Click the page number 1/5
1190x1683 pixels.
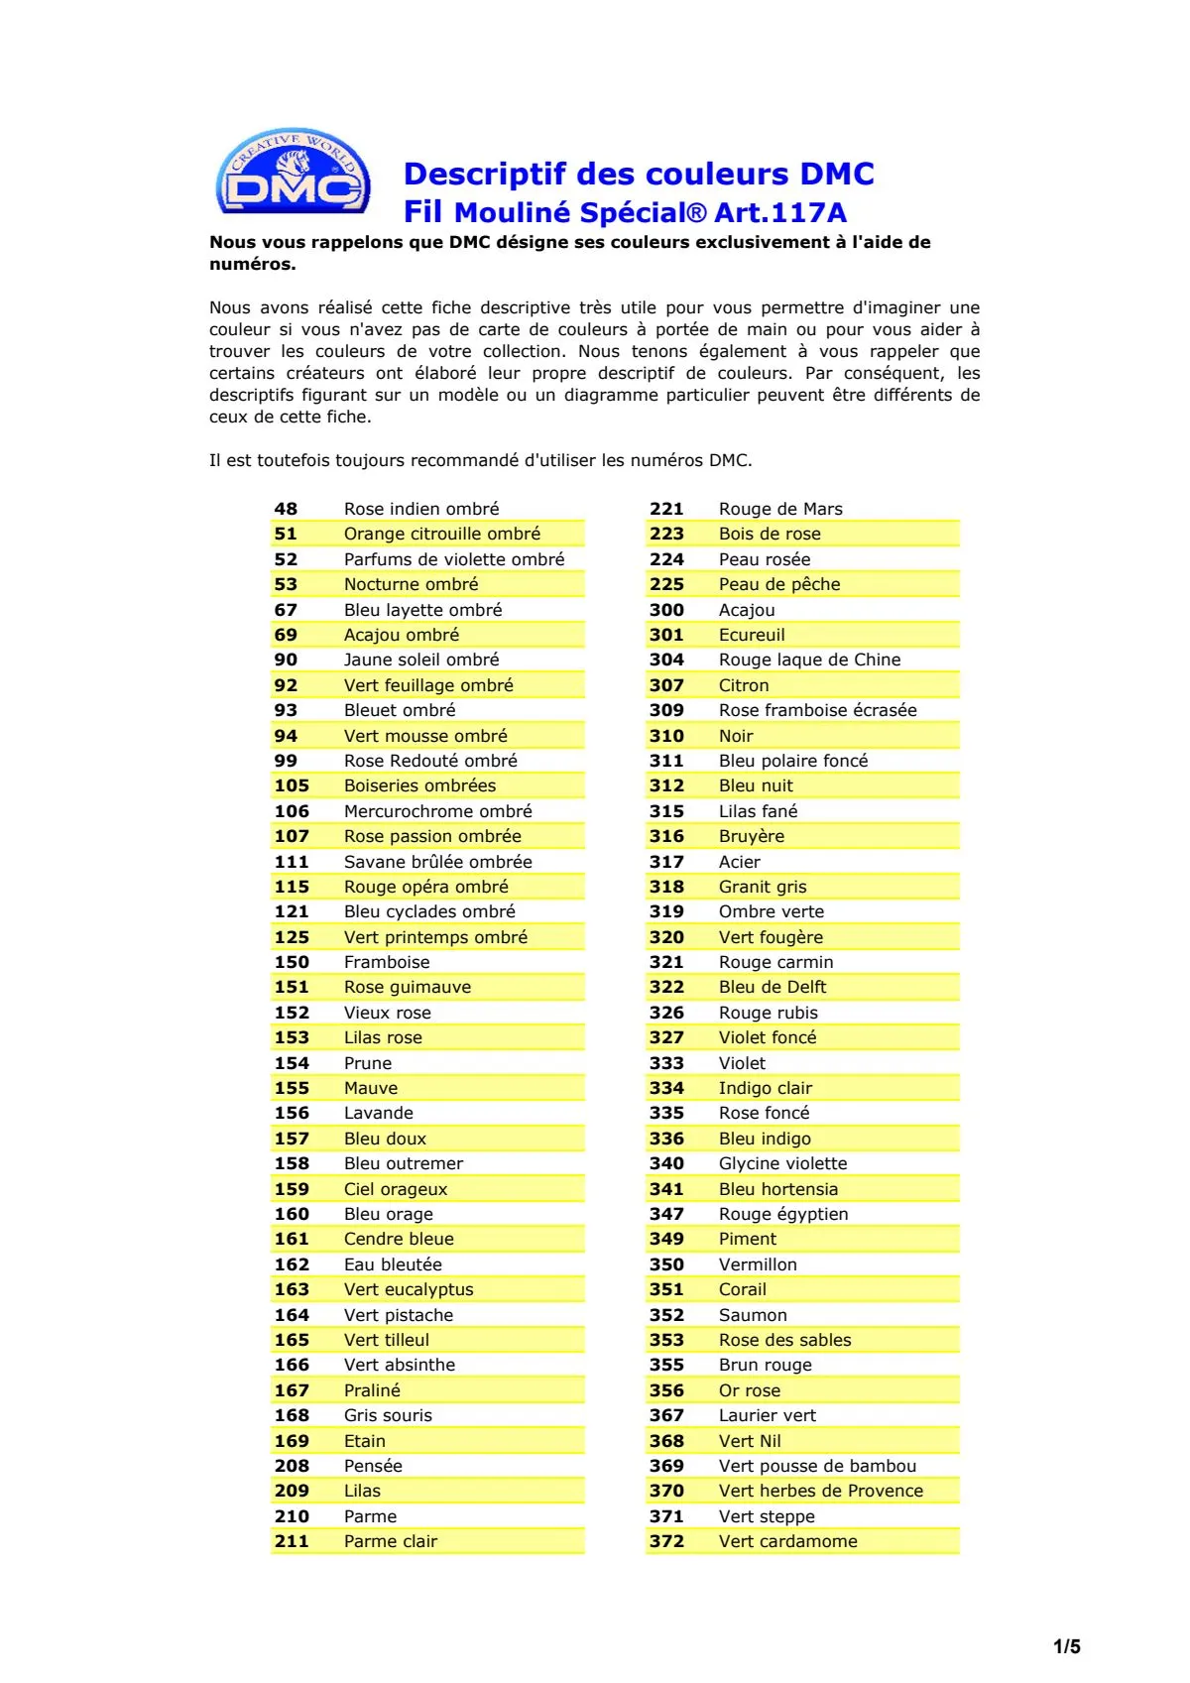[1066, 1647]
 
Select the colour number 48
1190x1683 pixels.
[286, 509]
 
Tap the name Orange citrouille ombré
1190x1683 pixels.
[441, 534]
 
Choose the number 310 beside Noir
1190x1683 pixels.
[666, 736]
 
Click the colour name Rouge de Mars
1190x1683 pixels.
[780, 509]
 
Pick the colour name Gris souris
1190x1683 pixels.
[388, 1415]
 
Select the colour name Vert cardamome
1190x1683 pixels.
[787, 1541]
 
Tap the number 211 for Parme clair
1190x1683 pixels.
[292, 1541]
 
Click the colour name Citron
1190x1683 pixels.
[744, 685]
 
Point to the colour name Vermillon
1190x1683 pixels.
[758, 1264]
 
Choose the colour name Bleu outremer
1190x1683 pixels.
[404, 1163]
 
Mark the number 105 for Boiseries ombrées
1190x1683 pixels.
[292, 785]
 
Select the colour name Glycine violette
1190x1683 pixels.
[782, 1163]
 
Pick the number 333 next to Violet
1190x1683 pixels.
[666, 1063]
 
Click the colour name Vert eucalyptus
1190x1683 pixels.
[409, 1289]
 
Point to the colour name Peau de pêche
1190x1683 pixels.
[779, 584]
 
